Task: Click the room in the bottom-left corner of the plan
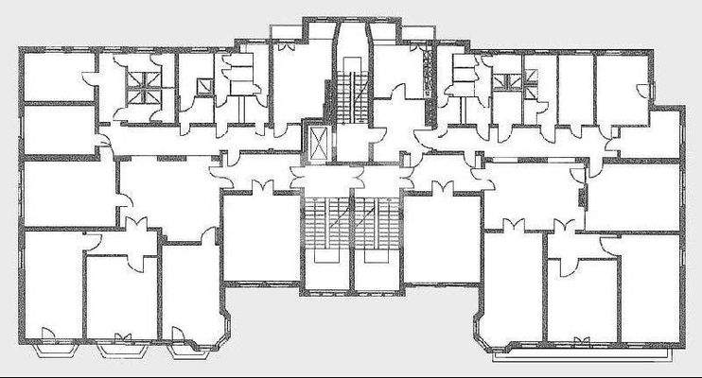52,283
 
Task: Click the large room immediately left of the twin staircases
260,236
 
